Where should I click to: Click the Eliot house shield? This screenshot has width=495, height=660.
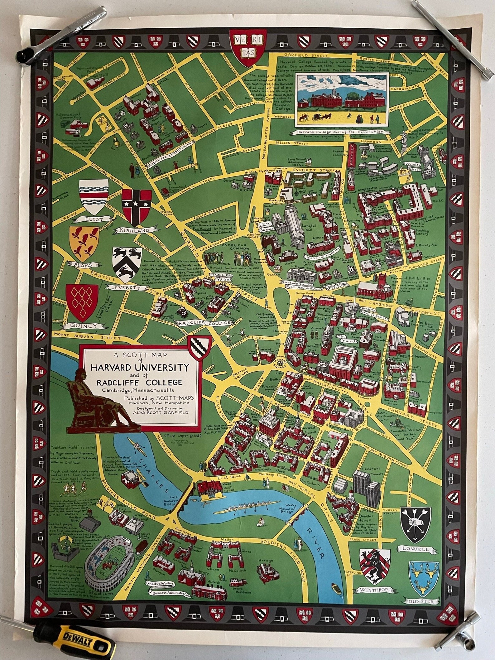(x=94, y=197)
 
